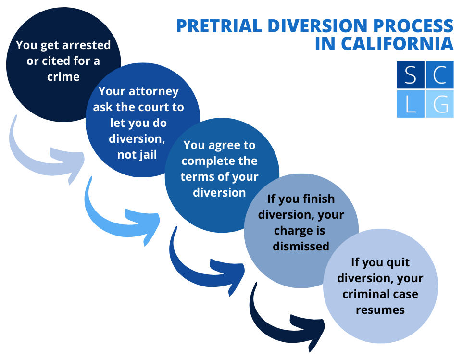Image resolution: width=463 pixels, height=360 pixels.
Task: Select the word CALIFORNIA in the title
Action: tap(397, 43)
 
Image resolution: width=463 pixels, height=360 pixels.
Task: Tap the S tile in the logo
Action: tap(411, 75)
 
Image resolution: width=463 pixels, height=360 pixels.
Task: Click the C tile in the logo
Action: tap(439, 75)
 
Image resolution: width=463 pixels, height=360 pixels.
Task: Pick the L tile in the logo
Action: tap(411, 103)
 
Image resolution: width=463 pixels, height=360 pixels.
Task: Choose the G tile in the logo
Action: tap(439, 103)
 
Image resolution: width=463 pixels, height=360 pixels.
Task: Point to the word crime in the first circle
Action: tap(63, 76)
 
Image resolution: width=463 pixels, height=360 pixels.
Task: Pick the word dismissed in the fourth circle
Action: tap(301, 246)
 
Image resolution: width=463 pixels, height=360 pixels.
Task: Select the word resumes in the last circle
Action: tap(380, 310)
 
